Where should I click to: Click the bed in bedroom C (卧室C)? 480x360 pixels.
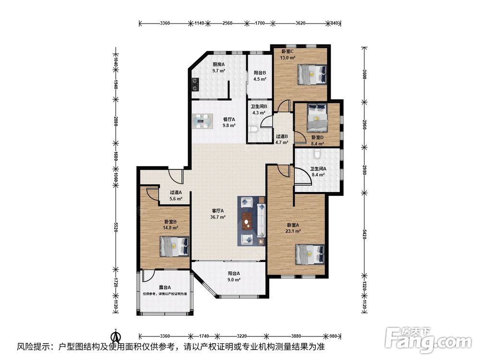coord(312,74)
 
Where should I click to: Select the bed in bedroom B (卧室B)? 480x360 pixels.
coord(174,246)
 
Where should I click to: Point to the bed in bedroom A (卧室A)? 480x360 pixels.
coord(310,254)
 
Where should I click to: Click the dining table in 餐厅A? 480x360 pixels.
coord(203,120)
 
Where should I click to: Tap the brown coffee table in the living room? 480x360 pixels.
coord(247,221)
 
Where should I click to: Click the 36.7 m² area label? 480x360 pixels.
coord(218,217)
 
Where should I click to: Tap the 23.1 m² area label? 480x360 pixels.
coord(293,231)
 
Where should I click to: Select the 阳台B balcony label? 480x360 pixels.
coord(260,73)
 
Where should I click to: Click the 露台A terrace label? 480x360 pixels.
coord(165,287)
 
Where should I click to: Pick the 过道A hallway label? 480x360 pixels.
coord(176,192)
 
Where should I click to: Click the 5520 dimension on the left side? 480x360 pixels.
coord(116,227)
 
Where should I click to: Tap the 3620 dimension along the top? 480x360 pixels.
coord(300,23)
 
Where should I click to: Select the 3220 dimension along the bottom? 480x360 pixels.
coord(242,336)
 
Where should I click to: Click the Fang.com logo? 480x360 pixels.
coord(428,340)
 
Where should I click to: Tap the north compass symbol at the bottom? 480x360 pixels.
coord(116,336)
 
